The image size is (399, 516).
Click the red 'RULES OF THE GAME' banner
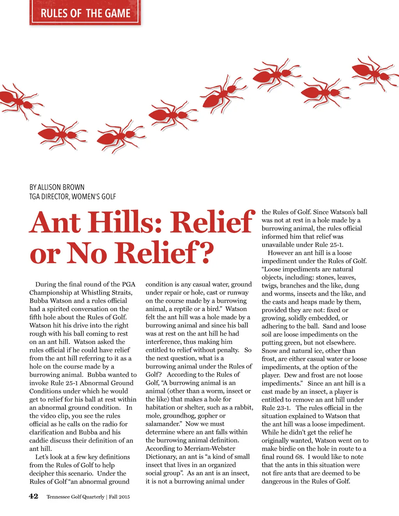85,13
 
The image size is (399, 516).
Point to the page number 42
34,496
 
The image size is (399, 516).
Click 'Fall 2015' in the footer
119,497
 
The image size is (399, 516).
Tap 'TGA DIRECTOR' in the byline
49,197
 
